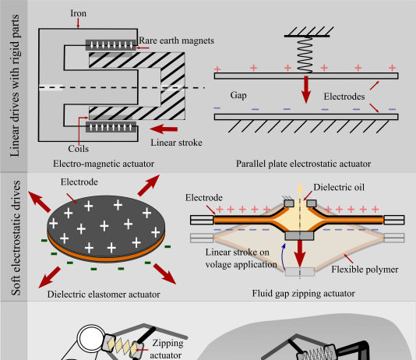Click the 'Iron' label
(x=78, y=13)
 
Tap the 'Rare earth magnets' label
(x=176, y=41)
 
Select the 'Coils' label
(x=78, y=149)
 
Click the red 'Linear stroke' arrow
(x=164, y=129)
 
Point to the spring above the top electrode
(x=305, y=55)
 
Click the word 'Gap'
(x=238, y=95)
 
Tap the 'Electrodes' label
(x=344, y=97)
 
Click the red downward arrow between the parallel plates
(x=306, y=90)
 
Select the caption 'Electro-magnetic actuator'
(x=104, y=164)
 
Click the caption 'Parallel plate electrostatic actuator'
(x=303, y=164)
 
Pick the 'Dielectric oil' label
(x=339, y=187)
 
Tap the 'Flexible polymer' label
(x=365, y=270)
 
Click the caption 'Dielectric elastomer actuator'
(x=104, y=295)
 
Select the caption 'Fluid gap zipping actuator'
(x=303, y=294)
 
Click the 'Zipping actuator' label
(x=167, y=349)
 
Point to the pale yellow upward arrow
(x=300, y=191)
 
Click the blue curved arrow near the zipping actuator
(x=283, y=257)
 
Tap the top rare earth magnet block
(x=111, y=45)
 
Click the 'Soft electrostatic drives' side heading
(x=16, y=238)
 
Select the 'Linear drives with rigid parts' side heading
(x=15, y=86)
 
